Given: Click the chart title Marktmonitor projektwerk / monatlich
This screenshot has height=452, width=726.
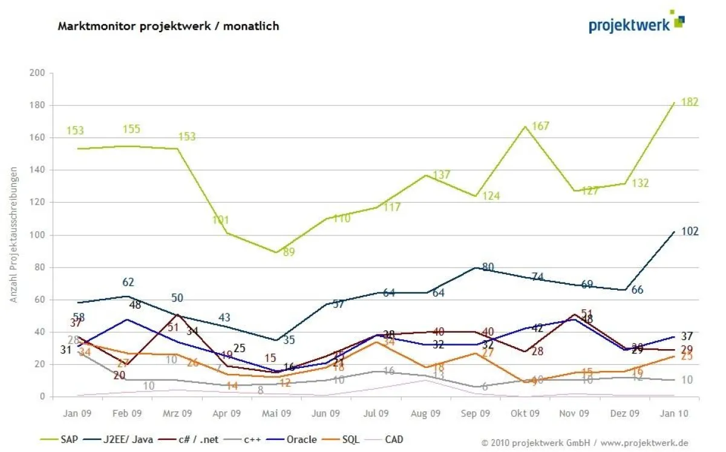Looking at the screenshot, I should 168,26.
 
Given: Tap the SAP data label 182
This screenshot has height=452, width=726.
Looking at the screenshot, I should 689,102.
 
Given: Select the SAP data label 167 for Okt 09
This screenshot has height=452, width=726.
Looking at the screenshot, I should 540,126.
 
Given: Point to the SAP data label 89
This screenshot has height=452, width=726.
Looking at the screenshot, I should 289,252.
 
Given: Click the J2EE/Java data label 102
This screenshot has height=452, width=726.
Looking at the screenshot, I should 689,231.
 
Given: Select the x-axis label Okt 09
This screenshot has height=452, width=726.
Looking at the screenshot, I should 525,413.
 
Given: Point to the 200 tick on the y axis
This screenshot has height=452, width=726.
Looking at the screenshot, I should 38,73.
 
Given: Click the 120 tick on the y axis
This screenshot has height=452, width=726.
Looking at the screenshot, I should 38,203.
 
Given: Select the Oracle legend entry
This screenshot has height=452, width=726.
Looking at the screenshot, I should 300,440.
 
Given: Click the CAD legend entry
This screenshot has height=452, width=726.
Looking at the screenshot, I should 393,440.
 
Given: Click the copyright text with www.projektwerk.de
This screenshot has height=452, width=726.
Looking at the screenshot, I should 584,443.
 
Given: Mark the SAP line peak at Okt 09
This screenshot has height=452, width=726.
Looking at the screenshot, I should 525,126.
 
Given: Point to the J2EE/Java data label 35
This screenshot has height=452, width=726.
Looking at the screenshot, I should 289,340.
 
